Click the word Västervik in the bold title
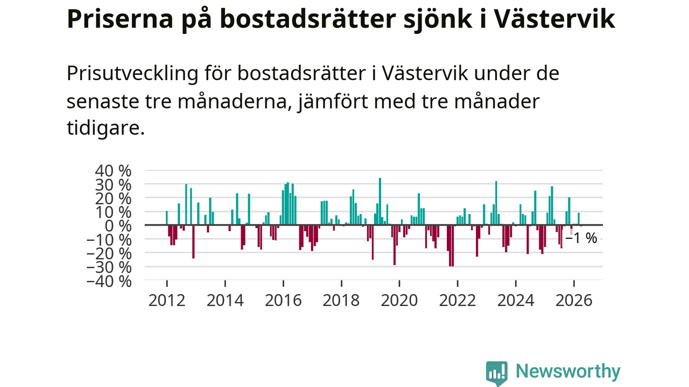point(555,19)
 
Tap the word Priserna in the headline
point(120,19)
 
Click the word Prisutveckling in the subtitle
point(132,74)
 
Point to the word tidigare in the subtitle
point(106,128)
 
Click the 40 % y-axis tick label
point(113,171)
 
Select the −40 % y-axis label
point(109,282)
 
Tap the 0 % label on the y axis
point(118,226)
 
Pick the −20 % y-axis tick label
point(109,254)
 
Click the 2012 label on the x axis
point(167,300)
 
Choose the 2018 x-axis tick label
point(341,300)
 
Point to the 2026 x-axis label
point(574,300)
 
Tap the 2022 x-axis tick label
point(458,300)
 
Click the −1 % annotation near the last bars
point(581,238)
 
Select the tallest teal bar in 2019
point(380,202)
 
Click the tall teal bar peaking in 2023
point(496,203)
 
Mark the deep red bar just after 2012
point(193,242)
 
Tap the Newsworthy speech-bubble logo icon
point(497,373)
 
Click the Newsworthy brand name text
point(568,371)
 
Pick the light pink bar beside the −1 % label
point(572,230)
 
